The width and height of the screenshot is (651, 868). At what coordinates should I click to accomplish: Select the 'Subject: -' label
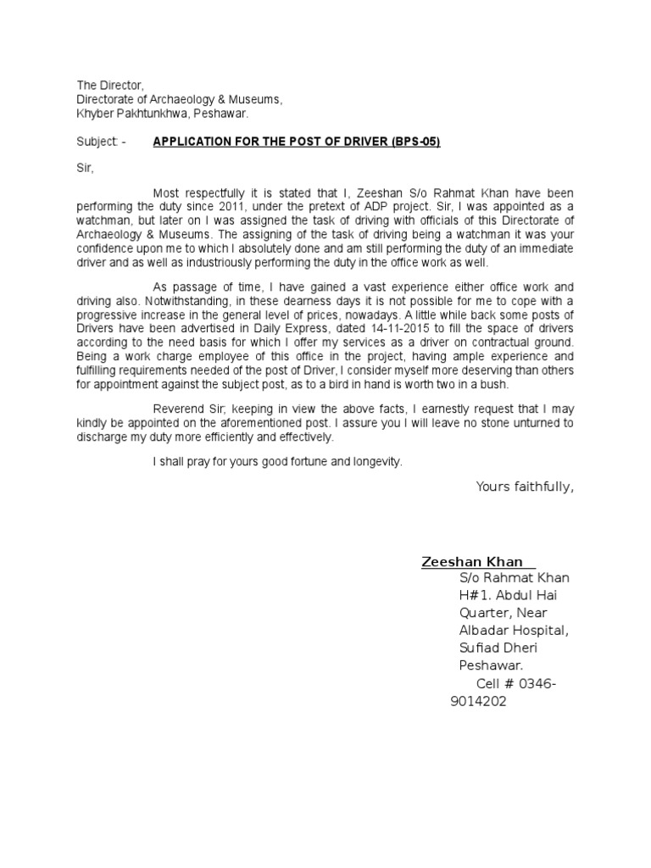click(x=101, y=142)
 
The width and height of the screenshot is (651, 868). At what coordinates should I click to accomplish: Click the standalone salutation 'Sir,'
click(x=85, y=169)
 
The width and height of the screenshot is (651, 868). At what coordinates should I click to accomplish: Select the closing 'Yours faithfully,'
click(x=525, y=486)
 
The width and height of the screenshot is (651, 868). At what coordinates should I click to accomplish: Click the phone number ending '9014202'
click(x=478, y=701)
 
